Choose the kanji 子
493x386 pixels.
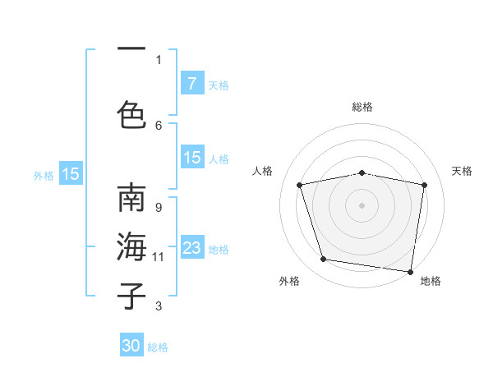[x=132, y=296]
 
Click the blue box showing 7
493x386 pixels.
[x=191, y=83]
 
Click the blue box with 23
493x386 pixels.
[x=191, y=248]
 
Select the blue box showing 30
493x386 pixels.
[x=131, y=346]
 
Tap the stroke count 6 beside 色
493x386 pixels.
[x=159, y=125]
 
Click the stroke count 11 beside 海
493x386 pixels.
[x=159, y=257]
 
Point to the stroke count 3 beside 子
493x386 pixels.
[x=159, y=306]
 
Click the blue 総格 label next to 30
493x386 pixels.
[x=158, y=347]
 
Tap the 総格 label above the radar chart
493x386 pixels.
[x=362, y=107]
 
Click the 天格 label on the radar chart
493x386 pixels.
[x=462, y=171]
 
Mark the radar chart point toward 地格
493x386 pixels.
[x=410, y=271]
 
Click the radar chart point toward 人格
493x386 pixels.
[x=300, y=185]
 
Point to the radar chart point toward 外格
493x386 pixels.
[x=324, y=260]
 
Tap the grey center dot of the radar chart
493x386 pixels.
[x=362, y=205]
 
